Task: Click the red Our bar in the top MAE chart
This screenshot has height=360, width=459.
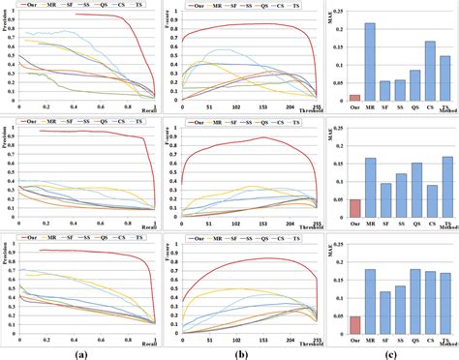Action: coord(355,97)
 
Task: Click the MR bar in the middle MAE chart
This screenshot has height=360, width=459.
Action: coord(370,188)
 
